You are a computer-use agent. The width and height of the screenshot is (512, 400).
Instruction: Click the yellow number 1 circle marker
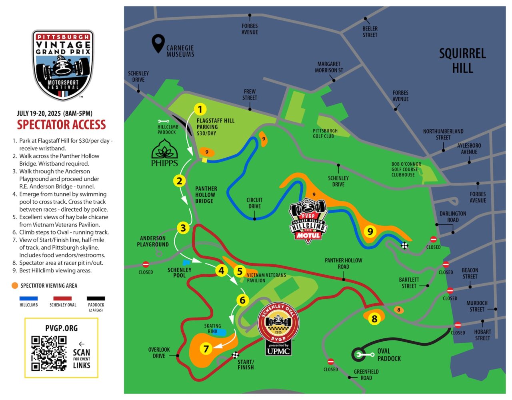point(200,109)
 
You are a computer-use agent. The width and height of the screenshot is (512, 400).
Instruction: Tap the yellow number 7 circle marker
point(206,349)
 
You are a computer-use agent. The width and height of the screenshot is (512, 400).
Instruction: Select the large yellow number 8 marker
point(374,319)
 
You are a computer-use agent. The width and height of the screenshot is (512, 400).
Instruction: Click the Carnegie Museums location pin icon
point(158,43)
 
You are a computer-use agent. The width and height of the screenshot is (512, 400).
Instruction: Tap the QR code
point(49,353)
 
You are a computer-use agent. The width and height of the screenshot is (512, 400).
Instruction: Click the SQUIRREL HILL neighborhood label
point(462,60)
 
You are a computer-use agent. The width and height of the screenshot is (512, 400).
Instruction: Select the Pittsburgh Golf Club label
point(325,134)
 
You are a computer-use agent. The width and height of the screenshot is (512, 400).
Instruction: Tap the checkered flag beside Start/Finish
point(236,355)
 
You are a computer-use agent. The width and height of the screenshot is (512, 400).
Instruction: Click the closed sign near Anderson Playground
point(146,264)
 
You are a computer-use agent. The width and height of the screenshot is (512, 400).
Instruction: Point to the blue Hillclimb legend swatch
point(28,298)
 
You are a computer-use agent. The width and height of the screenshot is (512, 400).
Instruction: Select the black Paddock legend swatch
point(96,298)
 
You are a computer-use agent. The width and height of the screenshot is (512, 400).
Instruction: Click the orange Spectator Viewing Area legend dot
point(15,286)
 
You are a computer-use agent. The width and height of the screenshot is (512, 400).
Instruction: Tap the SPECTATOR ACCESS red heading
point(61,125)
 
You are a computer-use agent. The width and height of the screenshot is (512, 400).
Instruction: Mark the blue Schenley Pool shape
point(186,263)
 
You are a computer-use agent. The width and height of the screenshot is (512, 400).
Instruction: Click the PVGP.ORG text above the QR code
point(61,328)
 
